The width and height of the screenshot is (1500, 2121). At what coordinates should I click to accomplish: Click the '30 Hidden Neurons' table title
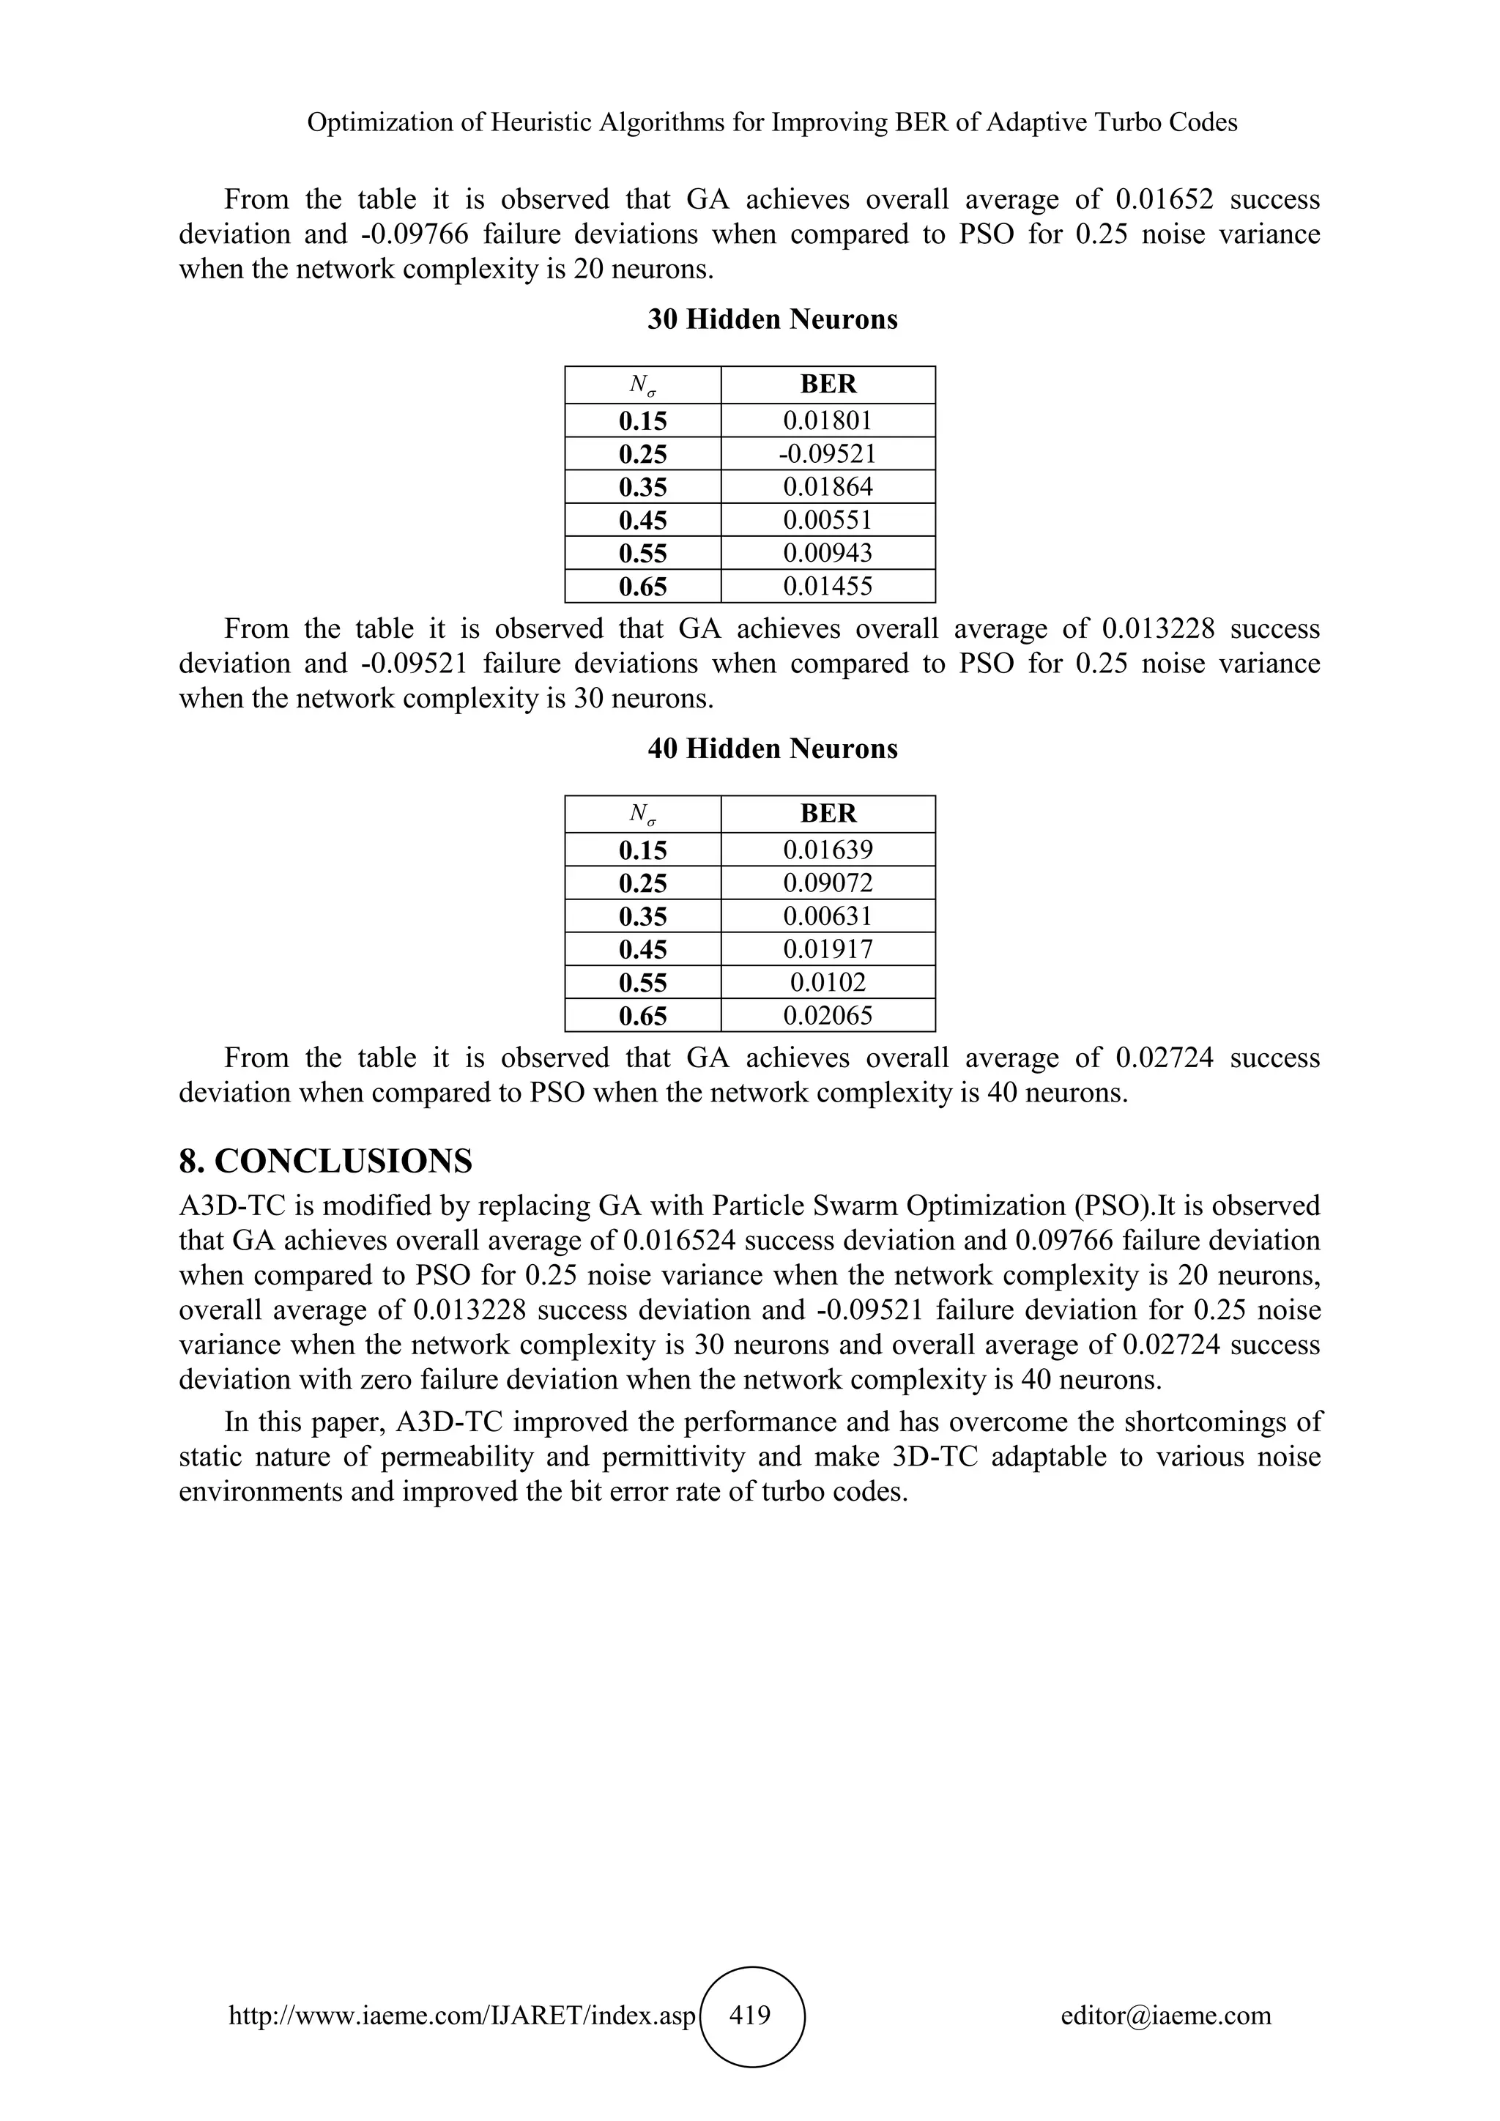[772, 319]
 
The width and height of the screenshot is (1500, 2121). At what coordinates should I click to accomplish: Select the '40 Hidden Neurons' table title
[772, 749]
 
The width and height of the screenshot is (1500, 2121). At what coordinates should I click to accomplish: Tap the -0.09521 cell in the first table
[828, 453]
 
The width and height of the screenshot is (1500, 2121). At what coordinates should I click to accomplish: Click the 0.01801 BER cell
[828, 421]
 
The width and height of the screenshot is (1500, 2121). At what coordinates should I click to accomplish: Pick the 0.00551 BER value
[828, 520]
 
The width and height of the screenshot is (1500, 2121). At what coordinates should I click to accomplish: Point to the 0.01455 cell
[828, 587]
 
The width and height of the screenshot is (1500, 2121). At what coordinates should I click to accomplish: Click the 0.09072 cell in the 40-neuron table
[828, 883]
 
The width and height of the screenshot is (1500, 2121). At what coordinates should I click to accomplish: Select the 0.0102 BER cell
[828, 983]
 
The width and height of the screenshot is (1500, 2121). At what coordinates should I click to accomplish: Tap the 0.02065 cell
[828, 1016]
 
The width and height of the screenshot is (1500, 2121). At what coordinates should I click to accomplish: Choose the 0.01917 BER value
[828, 950]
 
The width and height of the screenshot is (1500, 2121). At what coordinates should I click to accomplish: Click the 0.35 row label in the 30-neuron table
[643, 488]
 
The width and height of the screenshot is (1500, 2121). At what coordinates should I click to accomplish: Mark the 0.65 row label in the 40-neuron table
[643, 1016]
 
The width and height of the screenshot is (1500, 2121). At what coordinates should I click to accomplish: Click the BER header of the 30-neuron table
[828, 385]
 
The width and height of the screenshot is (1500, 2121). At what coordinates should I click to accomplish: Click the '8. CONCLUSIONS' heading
[325, 1161]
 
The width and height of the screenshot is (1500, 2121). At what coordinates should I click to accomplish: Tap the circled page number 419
[751, 2015]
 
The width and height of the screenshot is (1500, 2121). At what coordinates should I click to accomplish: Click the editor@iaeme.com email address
[1165, 2016]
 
